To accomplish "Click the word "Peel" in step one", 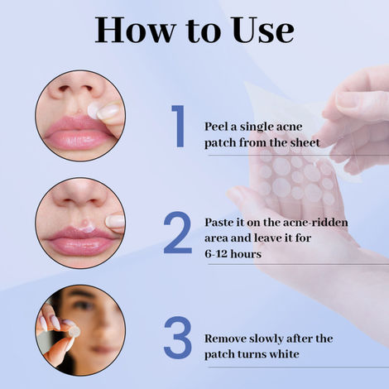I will (218, 127).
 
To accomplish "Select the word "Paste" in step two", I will (221, 223).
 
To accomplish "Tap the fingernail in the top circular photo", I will (108, 110).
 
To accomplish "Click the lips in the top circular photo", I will (74, 132).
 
